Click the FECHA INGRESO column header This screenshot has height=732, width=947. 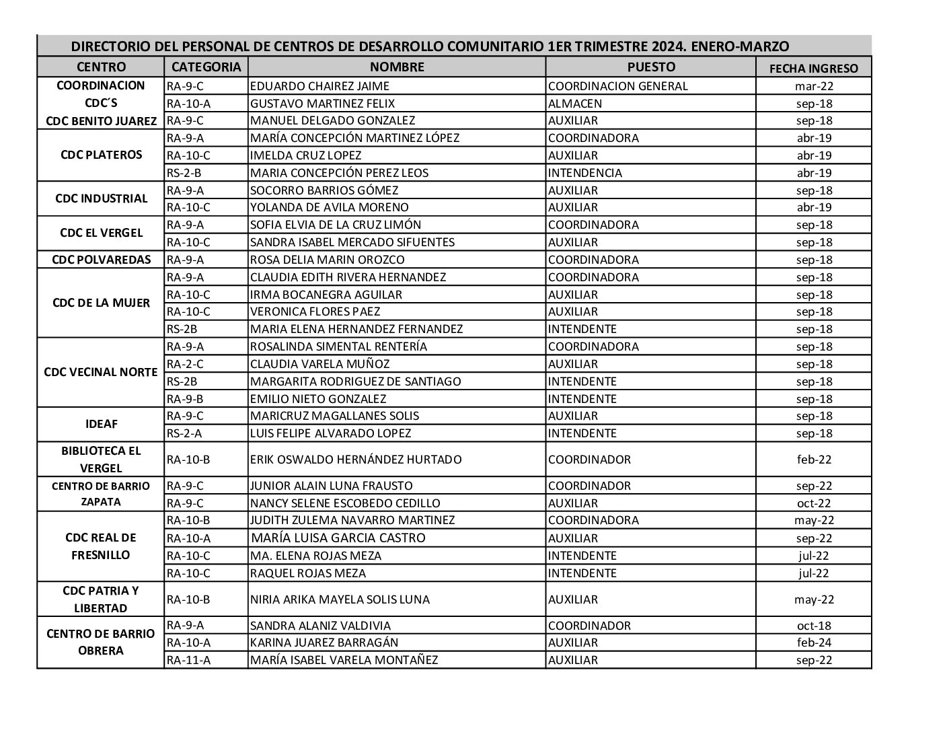click(813, 68)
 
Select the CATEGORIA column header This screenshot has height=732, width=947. click(206, 67)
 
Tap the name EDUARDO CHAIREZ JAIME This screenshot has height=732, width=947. click(319, 86)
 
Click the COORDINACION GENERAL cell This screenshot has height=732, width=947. click(618, 86)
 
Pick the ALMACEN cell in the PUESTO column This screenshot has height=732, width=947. click(575, 104)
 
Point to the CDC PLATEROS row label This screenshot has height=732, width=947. click(101, 155)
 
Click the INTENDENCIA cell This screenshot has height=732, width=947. click(585, 173)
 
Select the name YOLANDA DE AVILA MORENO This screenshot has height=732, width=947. click(329, 207)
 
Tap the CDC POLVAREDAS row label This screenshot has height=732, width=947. click(101, 260)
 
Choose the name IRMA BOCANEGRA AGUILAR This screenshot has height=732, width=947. click(326, 295)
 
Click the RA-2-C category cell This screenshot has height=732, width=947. click(185, 364)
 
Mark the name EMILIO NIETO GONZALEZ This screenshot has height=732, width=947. click(318, 399)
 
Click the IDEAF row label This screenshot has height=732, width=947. click(101, 425)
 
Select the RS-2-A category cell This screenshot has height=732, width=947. click(184, 433)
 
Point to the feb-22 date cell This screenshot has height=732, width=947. click(814, 460)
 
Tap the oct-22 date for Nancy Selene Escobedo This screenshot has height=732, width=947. click(814, 503)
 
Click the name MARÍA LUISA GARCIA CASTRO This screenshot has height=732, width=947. click(338, 538)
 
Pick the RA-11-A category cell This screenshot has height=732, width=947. click(188, 660)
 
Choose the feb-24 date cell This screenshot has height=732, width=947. click(814, 643)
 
